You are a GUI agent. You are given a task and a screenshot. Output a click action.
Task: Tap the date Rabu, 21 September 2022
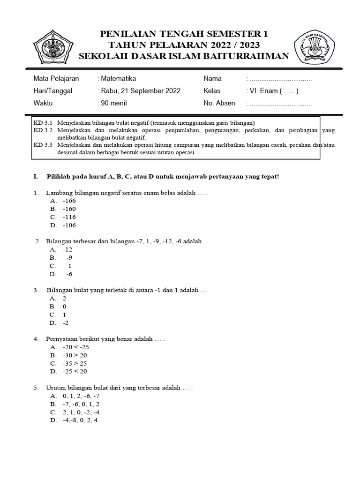click(140, 90)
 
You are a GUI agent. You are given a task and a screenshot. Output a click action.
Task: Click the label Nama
click(212, 78)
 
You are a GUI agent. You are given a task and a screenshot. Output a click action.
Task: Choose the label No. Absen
click(219, 103)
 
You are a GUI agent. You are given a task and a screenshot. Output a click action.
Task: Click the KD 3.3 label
click(43, 145)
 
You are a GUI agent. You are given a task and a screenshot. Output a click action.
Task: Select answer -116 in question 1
click(69, 217)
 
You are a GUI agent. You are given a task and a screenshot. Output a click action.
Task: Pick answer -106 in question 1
click(69, 225)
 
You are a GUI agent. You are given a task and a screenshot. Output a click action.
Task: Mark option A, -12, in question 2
click(67, 249)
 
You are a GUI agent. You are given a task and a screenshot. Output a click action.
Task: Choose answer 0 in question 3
click(64, 306)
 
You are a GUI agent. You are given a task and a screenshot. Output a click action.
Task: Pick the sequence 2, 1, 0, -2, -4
click(81, 412)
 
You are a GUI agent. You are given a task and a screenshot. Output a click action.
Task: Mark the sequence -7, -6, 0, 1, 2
click(81, 404)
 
